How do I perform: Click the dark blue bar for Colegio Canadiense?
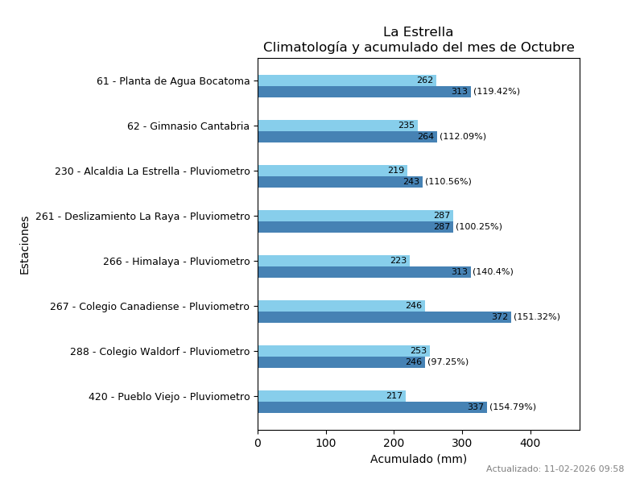(384, 317)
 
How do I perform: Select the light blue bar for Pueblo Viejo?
(331, 396)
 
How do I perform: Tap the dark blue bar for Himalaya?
(364, 272)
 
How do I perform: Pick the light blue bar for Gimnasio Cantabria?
(337, 126)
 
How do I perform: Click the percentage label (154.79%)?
(513, 407)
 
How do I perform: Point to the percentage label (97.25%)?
(448, 362)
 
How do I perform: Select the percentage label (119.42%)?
(497, 92)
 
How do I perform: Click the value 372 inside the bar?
(499, 317)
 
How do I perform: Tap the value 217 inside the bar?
(394, 396)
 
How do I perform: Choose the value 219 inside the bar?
(395, 171)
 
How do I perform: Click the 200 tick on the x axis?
(394, 443)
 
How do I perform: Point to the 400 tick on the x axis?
(530, 443)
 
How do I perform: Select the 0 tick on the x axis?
(258, 443)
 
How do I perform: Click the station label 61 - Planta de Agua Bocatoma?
(173, 81)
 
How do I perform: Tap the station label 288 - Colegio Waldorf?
(159, 352)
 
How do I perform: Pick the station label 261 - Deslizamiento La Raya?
(142, 217)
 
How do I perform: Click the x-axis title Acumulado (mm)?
(418, 459)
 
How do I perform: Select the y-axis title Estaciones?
(25, 245)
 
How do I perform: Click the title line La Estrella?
(418, 32)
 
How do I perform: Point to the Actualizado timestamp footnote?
(555, 469)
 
